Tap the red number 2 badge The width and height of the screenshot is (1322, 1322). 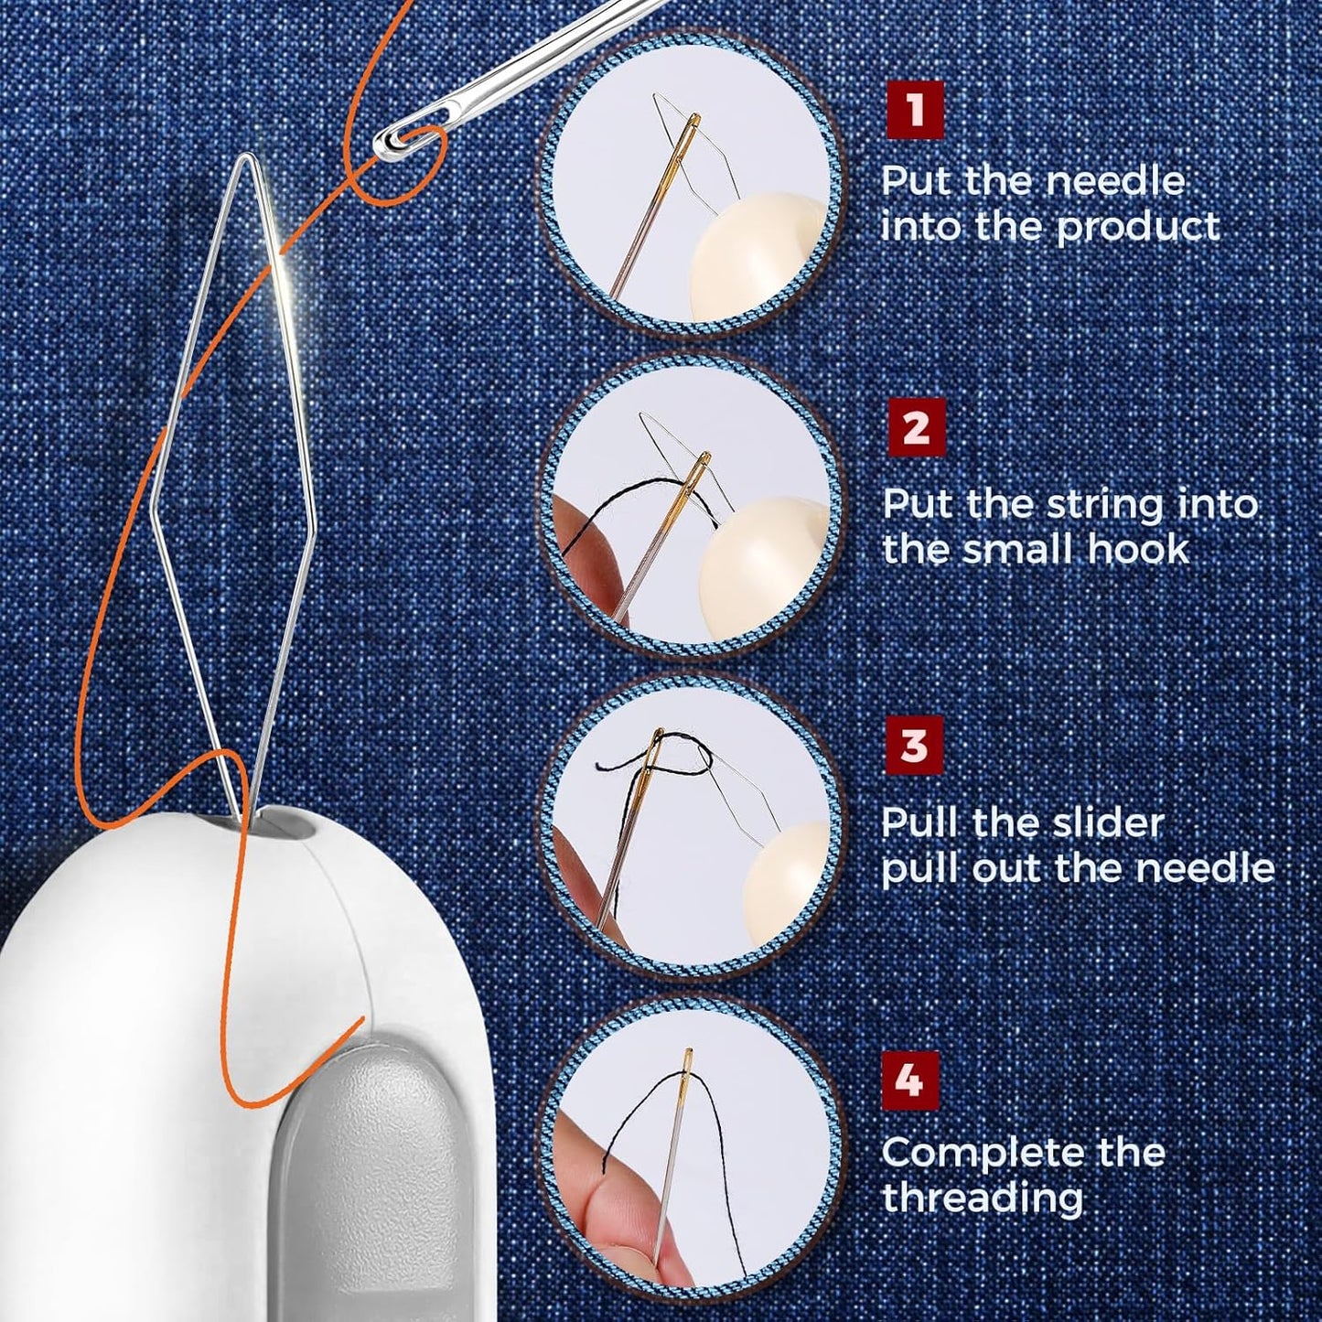point(915,427)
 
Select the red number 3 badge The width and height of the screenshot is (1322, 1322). point(913,746)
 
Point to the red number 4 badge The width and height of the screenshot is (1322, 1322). point(908,1080)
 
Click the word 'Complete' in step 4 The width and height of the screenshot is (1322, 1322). point(974,1153)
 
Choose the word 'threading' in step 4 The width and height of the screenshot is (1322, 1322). point(982,1198)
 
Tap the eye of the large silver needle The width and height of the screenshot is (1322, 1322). point(393,139)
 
